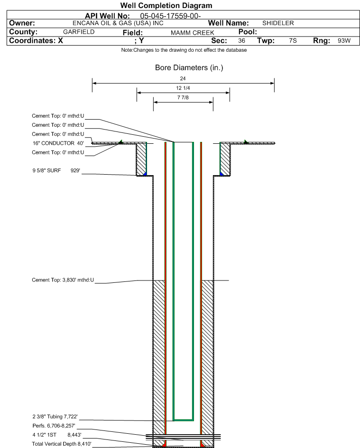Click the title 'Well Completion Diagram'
pyautogui.click(x=166, y=5)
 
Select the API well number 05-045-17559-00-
pyautogui.click(x=170, y=16)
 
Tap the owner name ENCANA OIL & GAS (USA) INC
pyautogui.click(x=118, y=23)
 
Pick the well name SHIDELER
pyautogui.click(x=278, y=23)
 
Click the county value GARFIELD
pyautogui.click(x=79, y=32)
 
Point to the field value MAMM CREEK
pyautogui.click(x=193, y=33)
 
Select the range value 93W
pyautogui.click(x=344, y=40)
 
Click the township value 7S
pyautogui.click(x=293, y=40)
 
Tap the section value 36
pyautogui.click(x=241, y=40)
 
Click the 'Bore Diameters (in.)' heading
pyautogui.click(x=189, y=68)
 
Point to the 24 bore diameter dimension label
pyautogui.click(x=183, y=78)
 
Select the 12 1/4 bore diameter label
pyautogui.click(x=183, y=88)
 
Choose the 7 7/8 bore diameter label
pyautogui.click(x=183, y=97)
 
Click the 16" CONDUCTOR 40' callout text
pyautogui.click(x=58, y=143)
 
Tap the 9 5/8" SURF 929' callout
pyautogui.click(x=56, y=170)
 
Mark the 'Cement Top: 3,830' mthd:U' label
pyautogui.click(x=63, y=280)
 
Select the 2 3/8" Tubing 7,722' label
pyautogui.click(x=55, y=417)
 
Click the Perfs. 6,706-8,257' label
pyautogui.click(x=54, y=426)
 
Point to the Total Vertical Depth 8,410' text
pyautogui.click(x=62, y=444)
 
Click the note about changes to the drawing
pyautogui.click(x=184, y=50)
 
